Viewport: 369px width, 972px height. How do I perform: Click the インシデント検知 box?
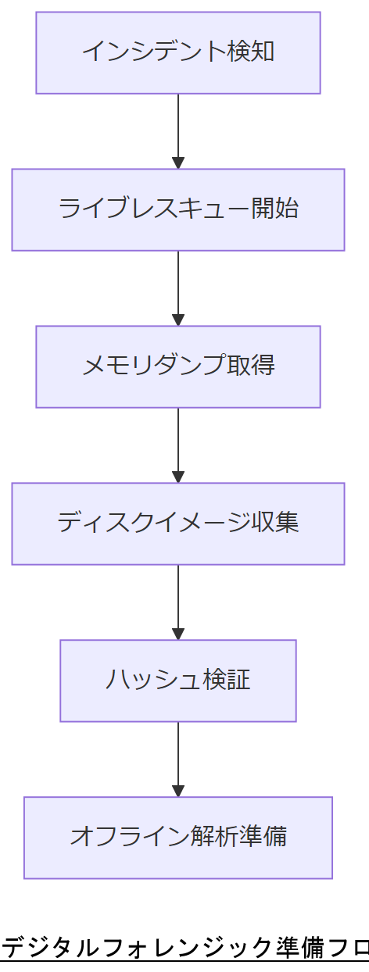(x=178, y=52)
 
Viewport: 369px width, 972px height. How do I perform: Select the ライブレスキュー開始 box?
(x=178, y=209)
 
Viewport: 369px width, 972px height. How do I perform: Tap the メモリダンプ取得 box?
(x=178, y=366)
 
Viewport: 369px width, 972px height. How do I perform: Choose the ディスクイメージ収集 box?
(x=178, y=524)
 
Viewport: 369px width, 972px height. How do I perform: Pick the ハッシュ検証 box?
(x=178, y=681)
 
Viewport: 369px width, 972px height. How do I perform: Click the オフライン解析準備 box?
(x=178, y=838)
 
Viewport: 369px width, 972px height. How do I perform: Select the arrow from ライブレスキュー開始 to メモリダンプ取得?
(x=178, y=288)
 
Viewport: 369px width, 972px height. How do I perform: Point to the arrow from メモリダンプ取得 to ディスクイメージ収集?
(x=178, y=445)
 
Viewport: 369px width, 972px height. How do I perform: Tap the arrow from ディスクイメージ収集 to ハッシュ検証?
(x=178, y=602)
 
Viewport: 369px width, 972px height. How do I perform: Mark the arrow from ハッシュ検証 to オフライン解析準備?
(x=178, y=759)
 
